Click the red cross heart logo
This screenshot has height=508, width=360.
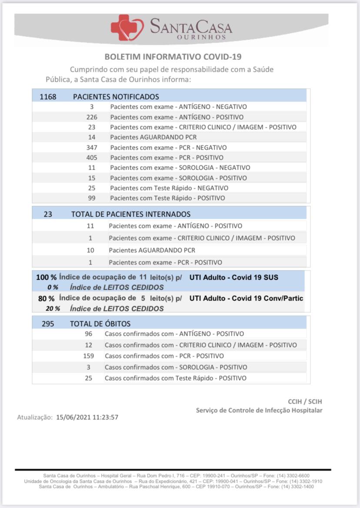point(127,27)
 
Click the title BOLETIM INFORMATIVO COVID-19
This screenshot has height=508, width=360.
point(173,57)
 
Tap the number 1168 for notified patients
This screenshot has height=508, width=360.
point(48,97)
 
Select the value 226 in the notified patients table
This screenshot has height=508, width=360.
point(92,117)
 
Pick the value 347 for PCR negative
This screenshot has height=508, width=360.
point(92,147)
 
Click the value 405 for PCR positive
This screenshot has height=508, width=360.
point(92,157)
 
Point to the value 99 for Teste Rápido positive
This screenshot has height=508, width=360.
point(92,198)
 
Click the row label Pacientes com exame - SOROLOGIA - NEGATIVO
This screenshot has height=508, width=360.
point(180,167)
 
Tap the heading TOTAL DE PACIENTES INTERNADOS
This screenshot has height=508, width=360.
point(131,214)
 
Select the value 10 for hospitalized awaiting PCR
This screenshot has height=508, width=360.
point(90,250)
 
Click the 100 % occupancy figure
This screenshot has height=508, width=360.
point(46,277)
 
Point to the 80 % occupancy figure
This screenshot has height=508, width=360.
point(46,299)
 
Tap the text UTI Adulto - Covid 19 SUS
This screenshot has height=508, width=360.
point(234,277)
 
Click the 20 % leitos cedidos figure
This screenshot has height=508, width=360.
point(53,309)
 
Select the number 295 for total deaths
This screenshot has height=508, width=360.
point(48,324)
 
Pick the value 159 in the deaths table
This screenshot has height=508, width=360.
point(89,356)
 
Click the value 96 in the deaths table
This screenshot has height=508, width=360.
point(89,334)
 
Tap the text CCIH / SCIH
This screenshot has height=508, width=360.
point(305,401)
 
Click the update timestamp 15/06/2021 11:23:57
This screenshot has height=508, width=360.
point(87,417)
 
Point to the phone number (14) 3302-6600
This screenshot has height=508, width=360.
point(293,476)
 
